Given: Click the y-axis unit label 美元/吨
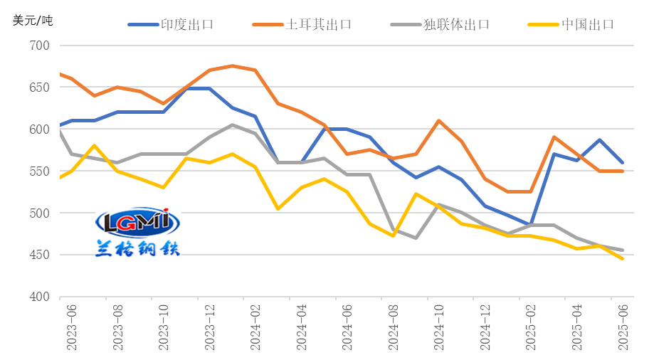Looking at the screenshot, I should pos(33,20).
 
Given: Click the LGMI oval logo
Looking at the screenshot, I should pos(137,222).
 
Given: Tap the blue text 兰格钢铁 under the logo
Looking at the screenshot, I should pos(137,248).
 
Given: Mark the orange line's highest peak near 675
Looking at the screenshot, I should pos(233,65).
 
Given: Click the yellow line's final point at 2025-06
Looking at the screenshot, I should pos(623,259).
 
